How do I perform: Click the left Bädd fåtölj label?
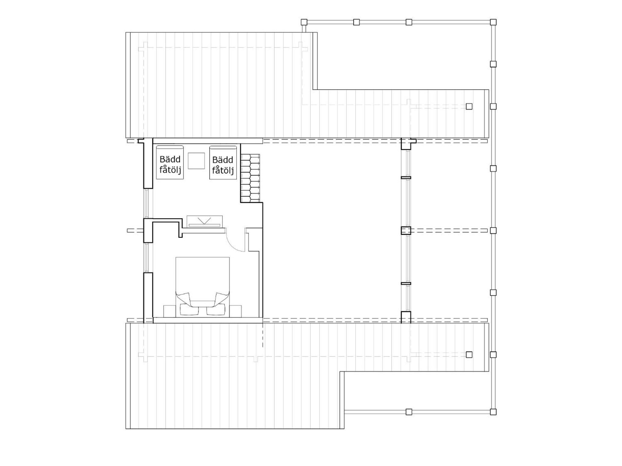coord(170,164)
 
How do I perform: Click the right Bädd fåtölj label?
coord(223,165)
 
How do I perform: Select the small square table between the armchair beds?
coord(196,161)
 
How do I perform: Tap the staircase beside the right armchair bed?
coord(250,178)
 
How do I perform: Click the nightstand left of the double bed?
coord(169,311)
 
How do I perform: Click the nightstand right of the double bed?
coord(235,311)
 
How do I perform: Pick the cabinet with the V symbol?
coord(205,222)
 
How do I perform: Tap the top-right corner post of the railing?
coord(493,22)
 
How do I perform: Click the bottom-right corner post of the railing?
coord(493,412)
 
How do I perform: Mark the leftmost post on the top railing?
coord(304,22)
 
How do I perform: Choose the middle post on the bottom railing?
coord(409,412)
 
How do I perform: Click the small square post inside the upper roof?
coord(469,106)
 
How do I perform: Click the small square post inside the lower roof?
coord(469,355)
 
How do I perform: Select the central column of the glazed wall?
coord(406,231)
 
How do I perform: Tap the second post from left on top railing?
coord(356,22)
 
